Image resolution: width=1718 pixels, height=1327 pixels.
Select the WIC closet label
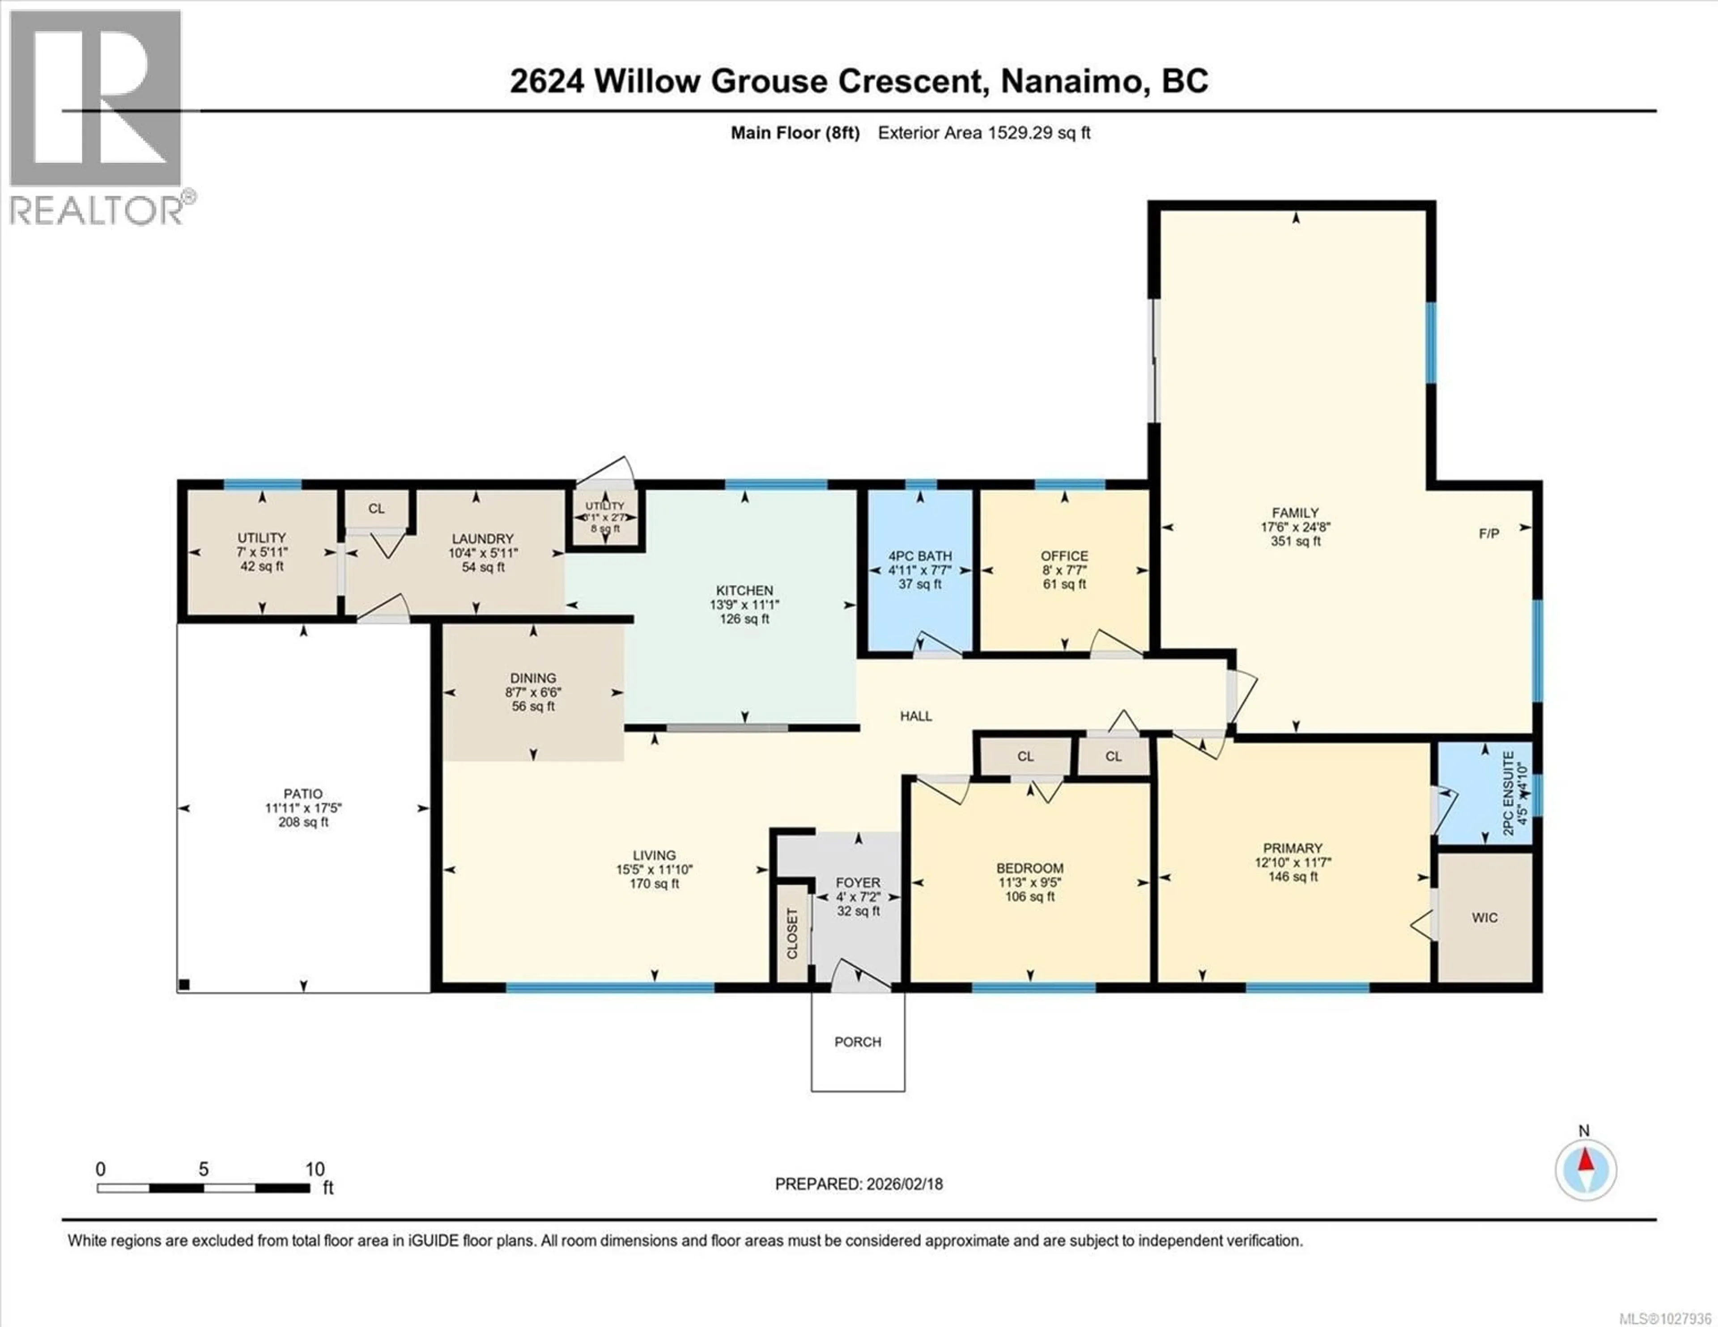[x=1484, y=918]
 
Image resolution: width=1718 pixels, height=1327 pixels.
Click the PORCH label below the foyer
[x=857, y=1042]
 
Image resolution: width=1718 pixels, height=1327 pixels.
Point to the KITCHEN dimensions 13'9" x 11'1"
[x=744, y=605]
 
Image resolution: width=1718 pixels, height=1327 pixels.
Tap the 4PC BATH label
[x=919, y=556]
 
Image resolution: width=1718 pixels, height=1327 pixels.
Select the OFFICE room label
[x=1064, y=556]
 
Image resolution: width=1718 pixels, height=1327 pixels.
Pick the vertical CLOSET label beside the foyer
[x=792, y=934]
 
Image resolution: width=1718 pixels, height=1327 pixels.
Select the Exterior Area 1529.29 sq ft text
[x=983, y=133]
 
